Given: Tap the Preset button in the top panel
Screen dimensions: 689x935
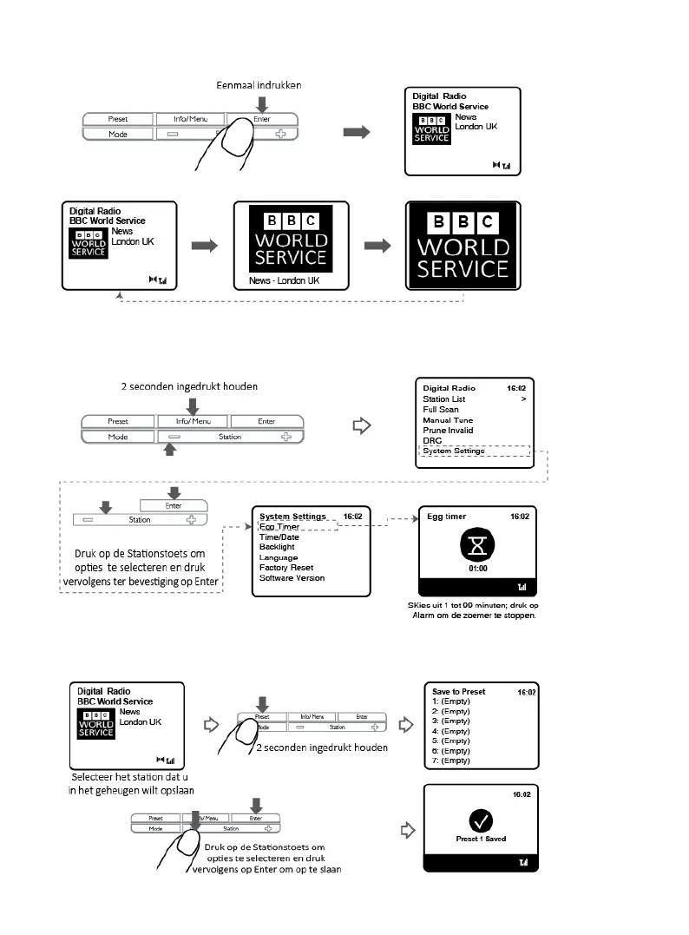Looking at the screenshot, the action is click(118, 119).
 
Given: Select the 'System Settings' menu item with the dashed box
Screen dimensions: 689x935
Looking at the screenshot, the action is click(453, 451).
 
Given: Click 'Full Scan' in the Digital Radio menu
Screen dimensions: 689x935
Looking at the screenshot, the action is click(441, 410).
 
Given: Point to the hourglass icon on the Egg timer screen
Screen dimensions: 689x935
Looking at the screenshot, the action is click(475, 544).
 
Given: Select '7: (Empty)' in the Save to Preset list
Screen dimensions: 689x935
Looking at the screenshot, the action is click(451, 761).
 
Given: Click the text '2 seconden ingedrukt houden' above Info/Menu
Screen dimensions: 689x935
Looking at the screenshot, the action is click(190, 385).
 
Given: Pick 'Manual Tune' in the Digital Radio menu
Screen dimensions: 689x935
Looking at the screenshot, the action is click(448, 420).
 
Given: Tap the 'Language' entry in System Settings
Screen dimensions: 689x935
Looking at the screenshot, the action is click(279, 557).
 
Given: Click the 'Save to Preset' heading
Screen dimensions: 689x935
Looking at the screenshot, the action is click(459, 692).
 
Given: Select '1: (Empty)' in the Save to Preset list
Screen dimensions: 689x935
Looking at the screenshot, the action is click(451, 702).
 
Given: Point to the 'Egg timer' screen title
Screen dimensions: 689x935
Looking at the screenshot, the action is click(447, 516).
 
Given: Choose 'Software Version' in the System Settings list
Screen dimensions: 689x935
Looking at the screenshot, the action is click(292, 578).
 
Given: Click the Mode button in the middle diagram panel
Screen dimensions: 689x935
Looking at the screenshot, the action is click(118, 437).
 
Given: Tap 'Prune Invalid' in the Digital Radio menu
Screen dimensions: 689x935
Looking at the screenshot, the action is click(449, 431).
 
